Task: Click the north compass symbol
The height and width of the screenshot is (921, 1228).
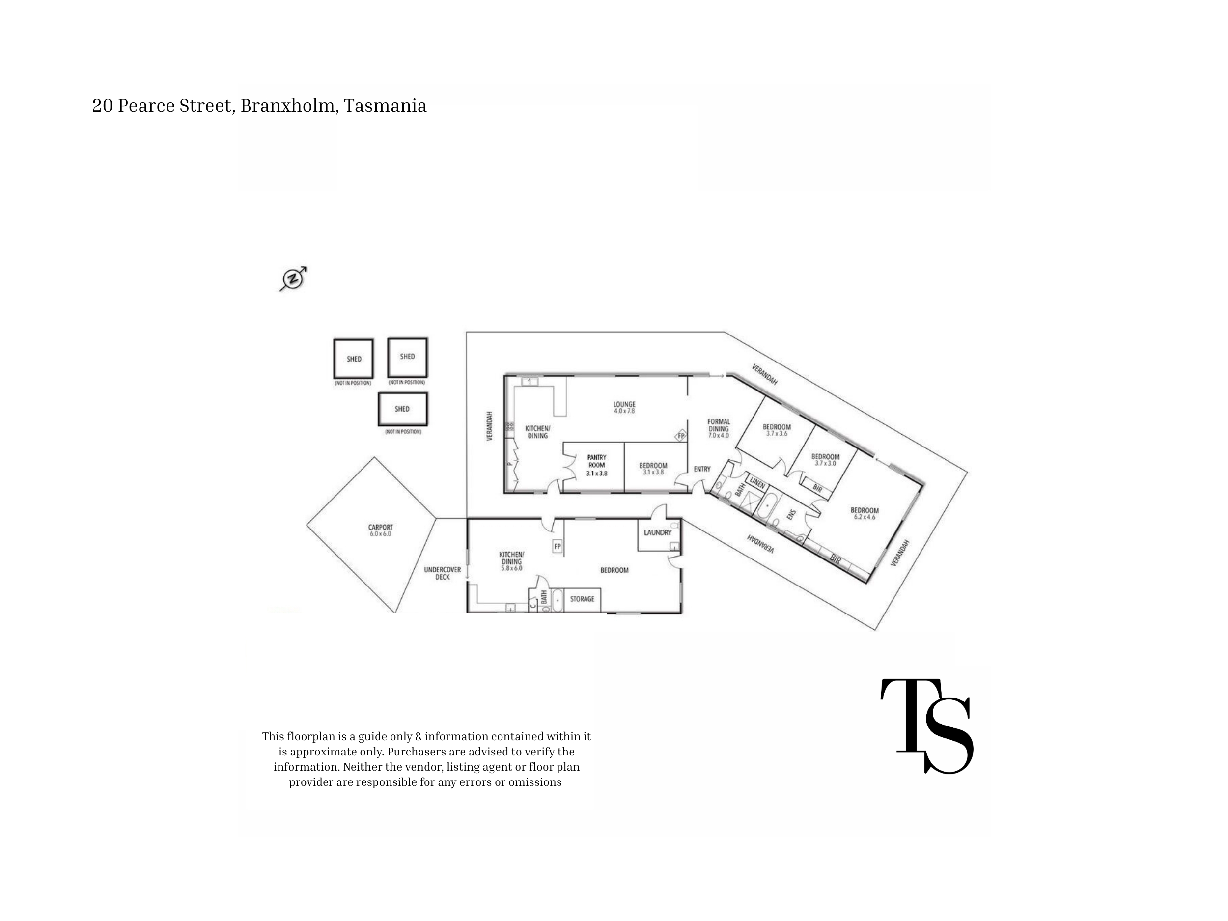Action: (x=293, y=278)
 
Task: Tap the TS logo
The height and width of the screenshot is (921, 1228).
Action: (x=926, y=726)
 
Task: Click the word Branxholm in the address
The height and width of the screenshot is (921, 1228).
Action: (x=287, y=105)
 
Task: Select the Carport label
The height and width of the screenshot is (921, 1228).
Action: (x=380, y=530)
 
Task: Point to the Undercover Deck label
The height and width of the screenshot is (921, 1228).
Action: (x=443, y=573)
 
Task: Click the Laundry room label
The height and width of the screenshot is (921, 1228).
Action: (x=658, y=532)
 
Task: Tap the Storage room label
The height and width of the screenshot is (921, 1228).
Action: (x=582, y=598)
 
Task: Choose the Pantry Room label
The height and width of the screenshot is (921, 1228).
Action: (x=597, y=465)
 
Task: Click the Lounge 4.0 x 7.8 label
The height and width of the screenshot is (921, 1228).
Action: (x=624, y=408)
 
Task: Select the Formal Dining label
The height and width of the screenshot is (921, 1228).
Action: (x=718, y=429)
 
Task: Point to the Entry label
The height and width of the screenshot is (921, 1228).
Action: (x=702, y=469)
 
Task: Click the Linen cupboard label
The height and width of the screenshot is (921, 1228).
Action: (x=757, y=483)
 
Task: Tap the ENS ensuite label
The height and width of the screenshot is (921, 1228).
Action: (x=792, y=515)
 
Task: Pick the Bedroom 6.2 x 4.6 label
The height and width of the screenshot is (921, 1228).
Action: (x=865, y=513)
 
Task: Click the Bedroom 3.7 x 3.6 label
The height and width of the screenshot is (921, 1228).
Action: (x=777, y=430)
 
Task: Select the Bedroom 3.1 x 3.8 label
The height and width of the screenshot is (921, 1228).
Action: (x=653, y=469)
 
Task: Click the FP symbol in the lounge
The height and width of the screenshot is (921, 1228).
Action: (x=681, y=436)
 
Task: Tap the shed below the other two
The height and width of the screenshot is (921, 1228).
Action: (x=402, y=409)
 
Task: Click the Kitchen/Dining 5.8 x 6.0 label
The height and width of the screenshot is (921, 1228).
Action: (x=511, y=561)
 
